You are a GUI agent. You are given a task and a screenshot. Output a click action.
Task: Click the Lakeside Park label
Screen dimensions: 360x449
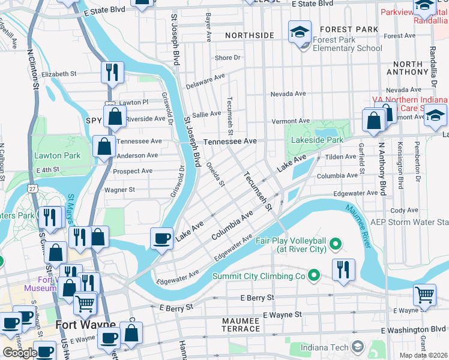[x=317, y=140]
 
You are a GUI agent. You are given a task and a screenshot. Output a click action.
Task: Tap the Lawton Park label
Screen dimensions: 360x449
[x=57, y=155]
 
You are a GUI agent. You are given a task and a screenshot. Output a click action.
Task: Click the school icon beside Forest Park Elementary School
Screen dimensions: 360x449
[x=300, y=33]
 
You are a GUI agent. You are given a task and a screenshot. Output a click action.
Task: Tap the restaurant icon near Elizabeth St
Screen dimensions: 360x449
[x=112, y=73]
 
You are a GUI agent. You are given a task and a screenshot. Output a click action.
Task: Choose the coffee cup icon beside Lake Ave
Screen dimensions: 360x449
[x=160, y=239]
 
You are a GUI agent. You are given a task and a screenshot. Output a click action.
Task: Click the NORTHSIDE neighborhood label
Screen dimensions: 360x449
[x=249, y=36]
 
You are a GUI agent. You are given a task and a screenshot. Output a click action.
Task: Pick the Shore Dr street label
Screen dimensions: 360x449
[x=228, y=58]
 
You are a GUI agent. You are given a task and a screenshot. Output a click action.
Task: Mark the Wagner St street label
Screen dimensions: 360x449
[x=119, y=190]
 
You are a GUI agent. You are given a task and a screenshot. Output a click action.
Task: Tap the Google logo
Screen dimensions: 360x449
[x=20, y=353]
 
